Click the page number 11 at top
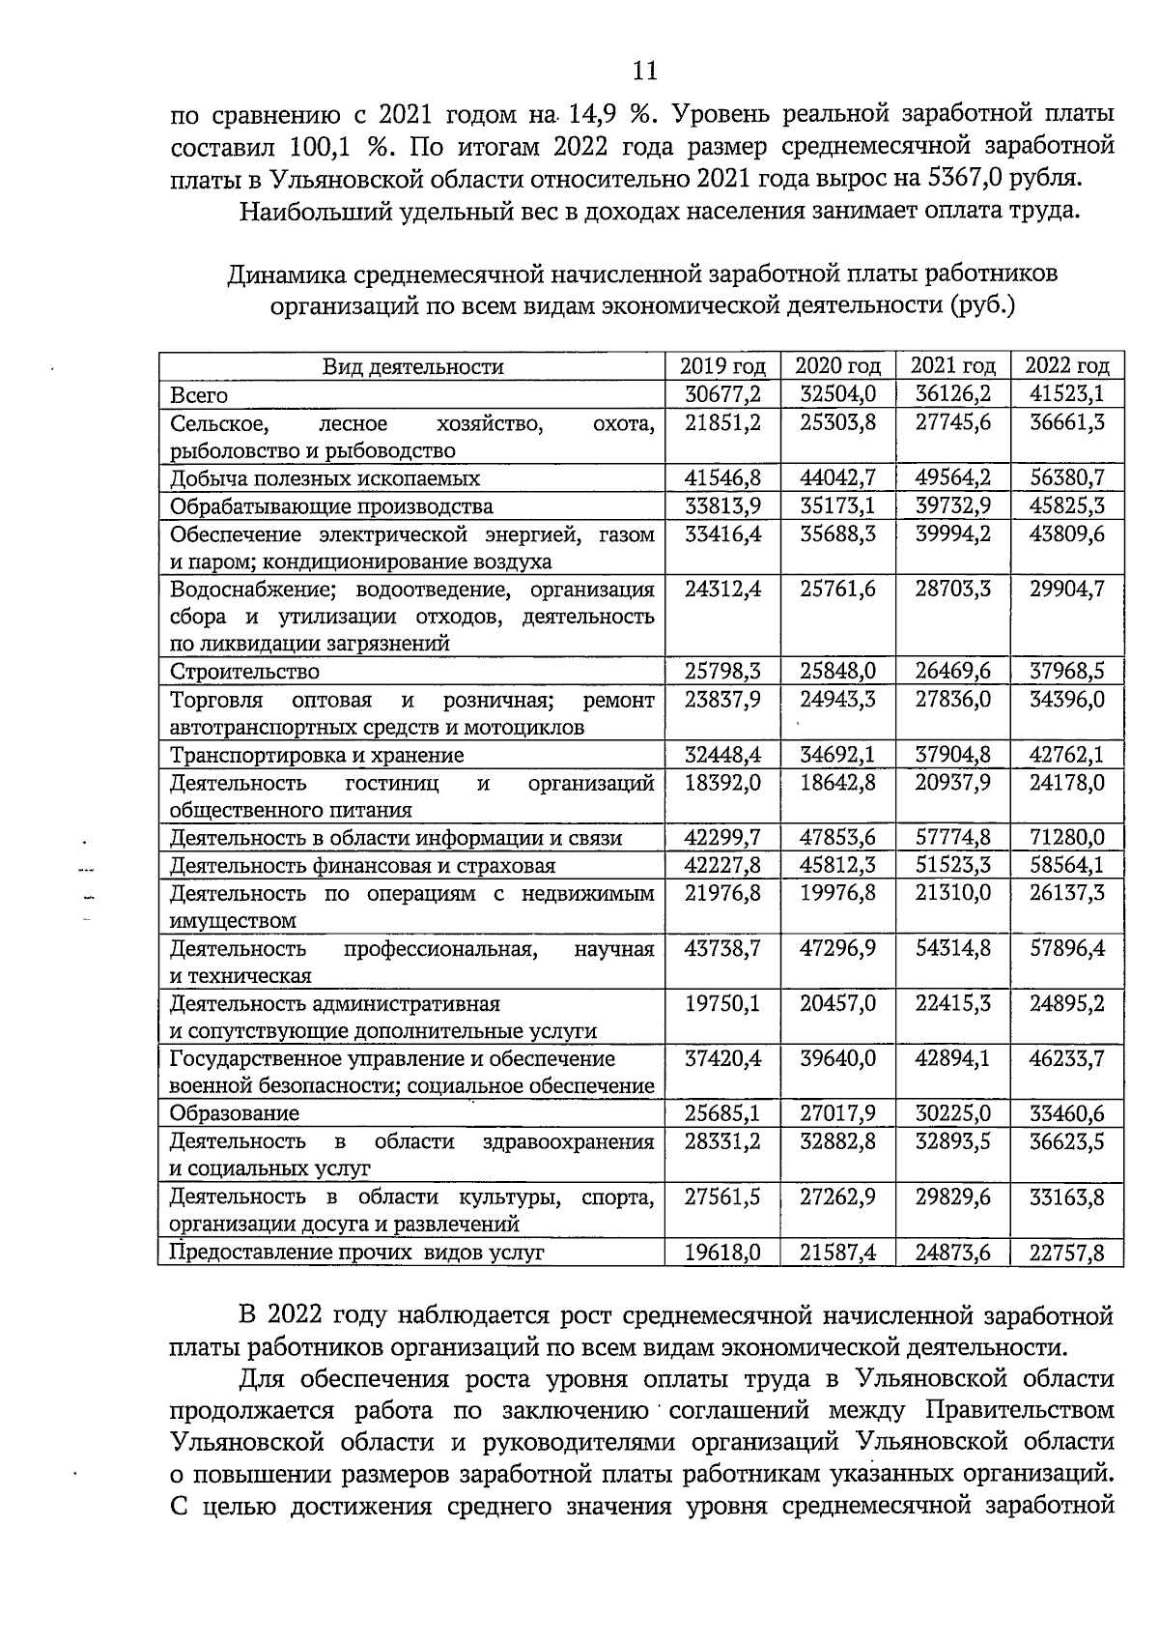click(644, 71)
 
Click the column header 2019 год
click(722, 366)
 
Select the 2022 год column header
click(1067, 366)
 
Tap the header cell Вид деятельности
click(412, 367)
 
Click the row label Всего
click(199, 395)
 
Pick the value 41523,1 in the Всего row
click(1067, 394)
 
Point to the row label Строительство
click(244, 672)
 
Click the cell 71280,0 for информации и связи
click(1067, 838)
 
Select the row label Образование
click(235, 1114)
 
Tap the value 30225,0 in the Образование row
click(953, 1113)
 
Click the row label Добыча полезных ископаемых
click(325, 478)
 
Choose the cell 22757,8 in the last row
click(1067, 1253)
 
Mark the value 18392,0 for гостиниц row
click(722, 782)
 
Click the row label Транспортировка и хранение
click(317, 755)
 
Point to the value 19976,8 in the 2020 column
click(838, 893)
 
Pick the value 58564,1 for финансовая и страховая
click(1067, 865)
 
